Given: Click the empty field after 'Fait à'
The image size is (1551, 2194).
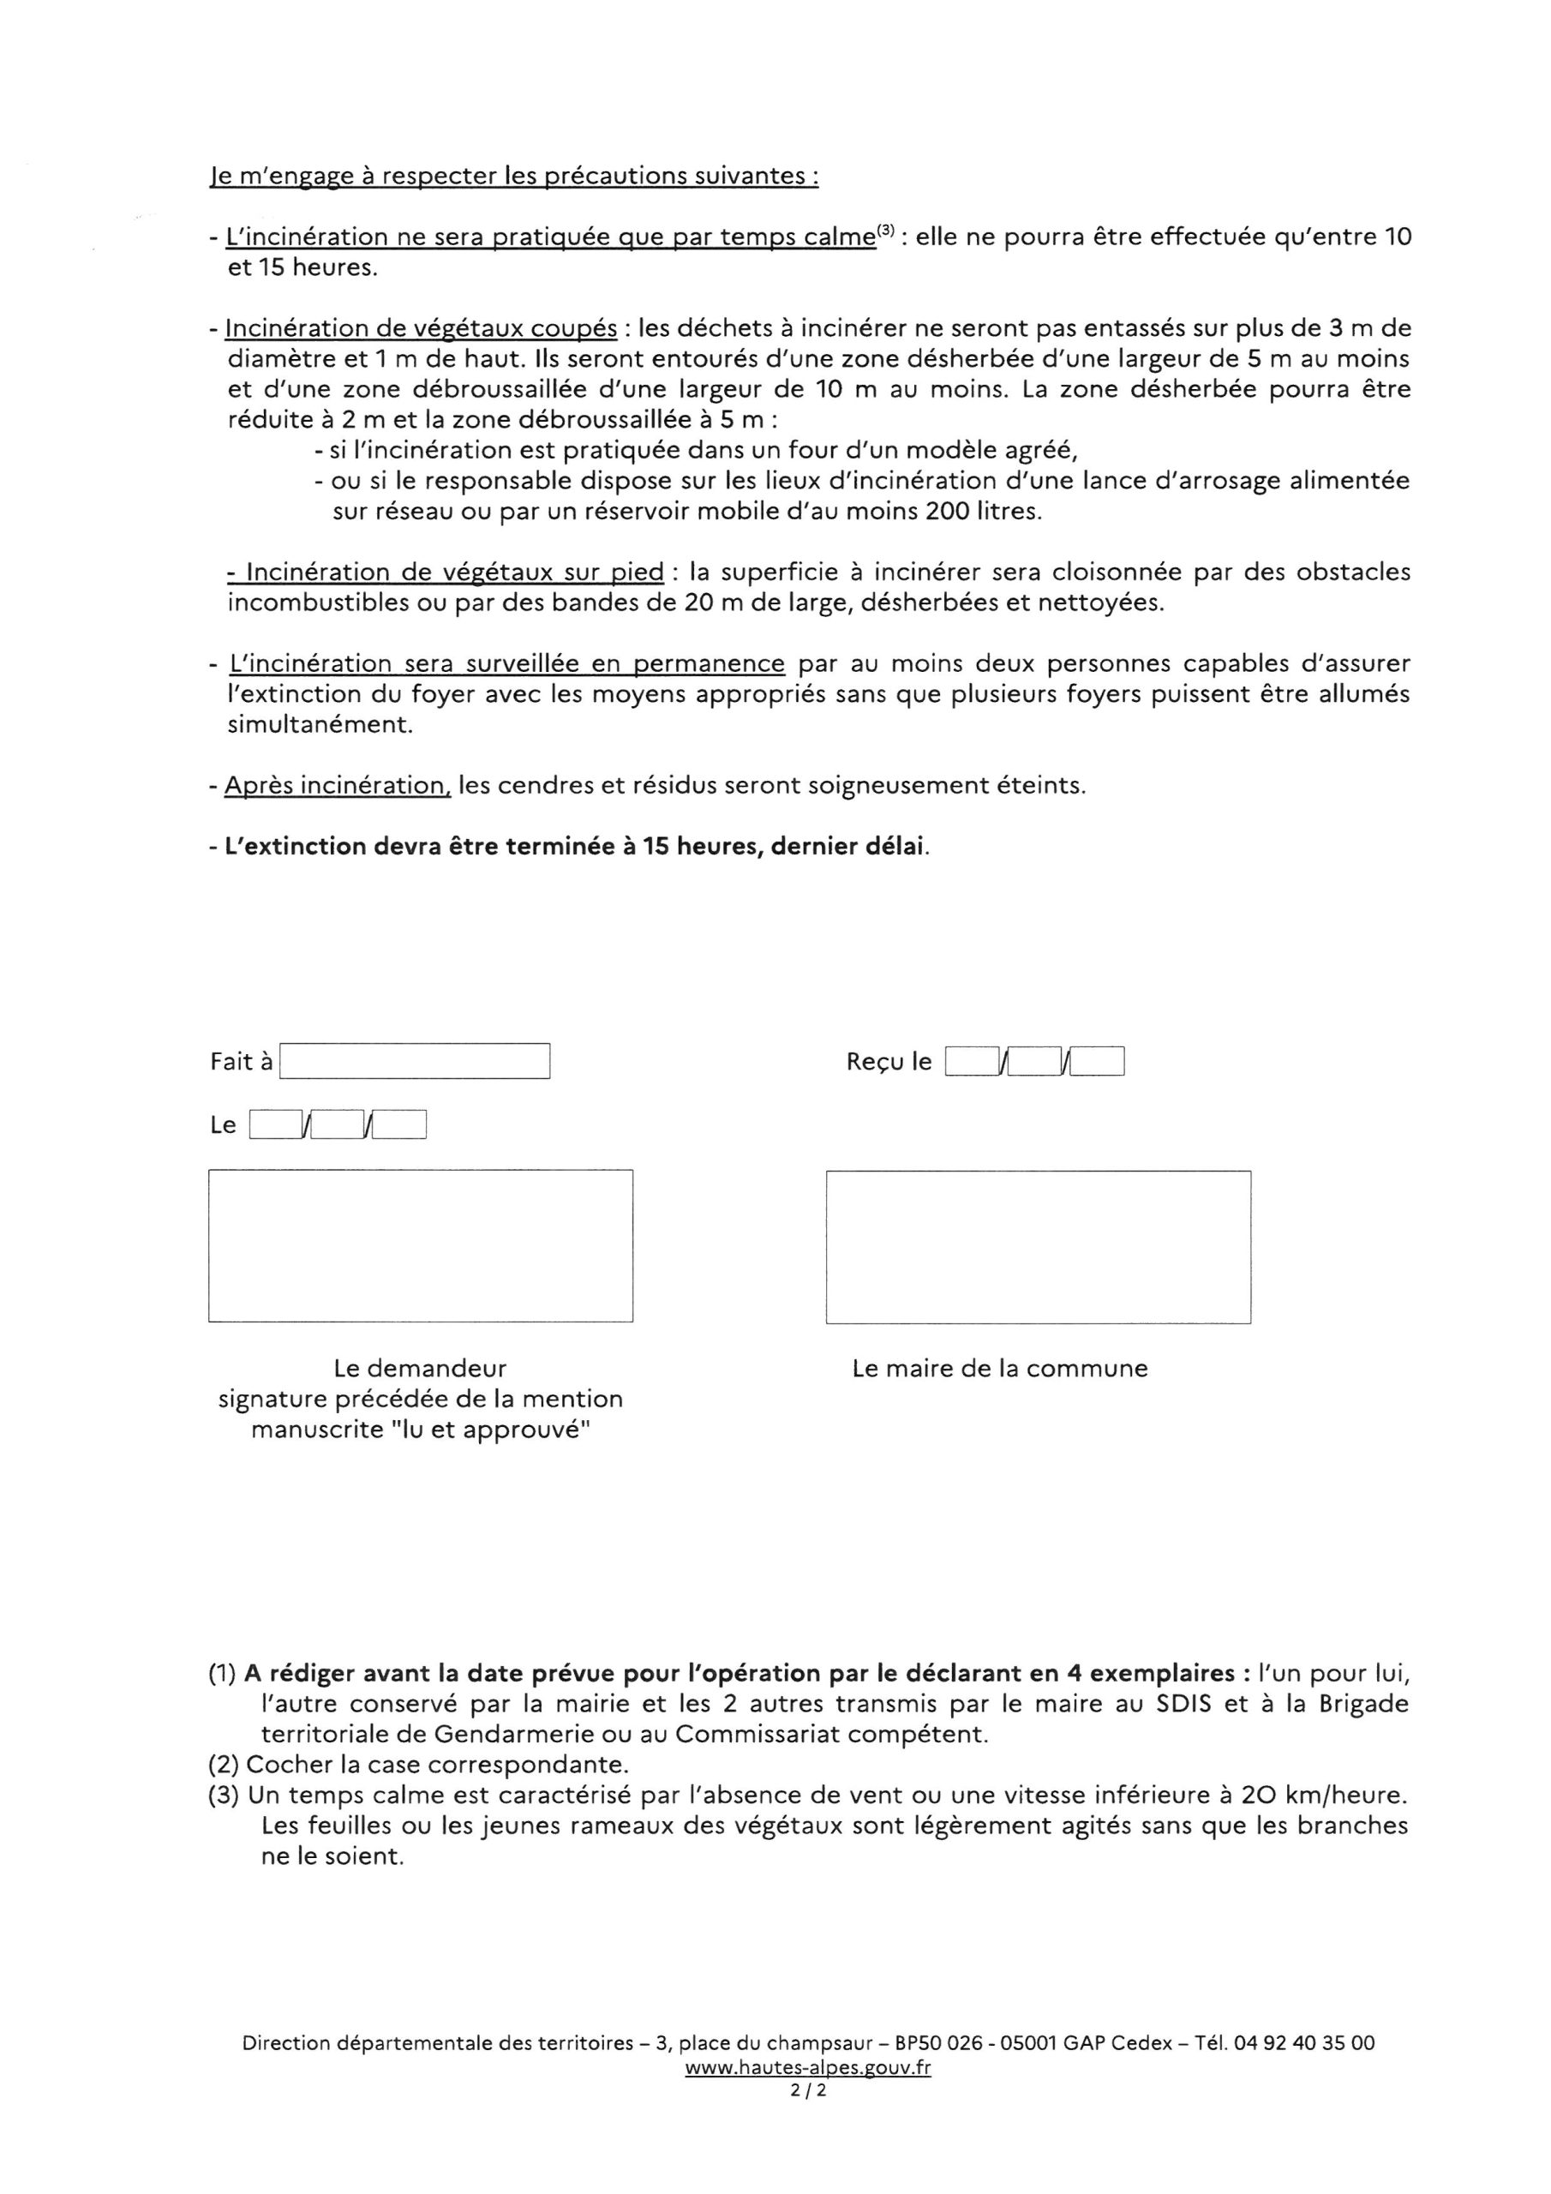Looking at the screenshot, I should click(415, 1061).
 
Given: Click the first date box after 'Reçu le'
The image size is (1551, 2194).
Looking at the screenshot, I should click(971, 1062).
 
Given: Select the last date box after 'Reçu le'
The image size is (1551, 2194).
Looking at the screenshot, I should click(1097, 1062).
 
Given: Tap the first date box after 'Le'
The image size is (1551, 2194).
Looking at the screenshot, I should click(275, 1124).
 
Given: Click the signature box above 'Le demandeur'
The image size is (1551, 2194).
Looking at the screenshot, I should click(421, 1245).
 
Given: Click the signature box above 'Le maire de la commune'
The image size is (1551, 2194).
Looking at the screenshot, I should click(1038, 1246).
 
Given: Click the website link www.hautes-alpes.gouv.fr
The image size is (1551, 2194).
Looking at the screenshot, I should click(807, 2068).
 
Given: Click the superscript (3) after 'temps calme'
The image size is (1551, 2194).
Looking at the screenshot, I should click(886, 231).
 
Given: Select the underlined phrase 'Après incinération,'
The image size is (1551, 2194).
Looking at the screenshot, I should click(338, 786).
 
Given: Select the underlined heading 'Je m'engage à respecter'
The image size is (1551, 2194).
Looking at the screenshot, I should click(513, 177).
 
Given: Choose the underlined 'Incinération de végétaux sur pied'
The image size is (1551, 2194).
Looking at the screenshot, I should click(446, 572).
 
